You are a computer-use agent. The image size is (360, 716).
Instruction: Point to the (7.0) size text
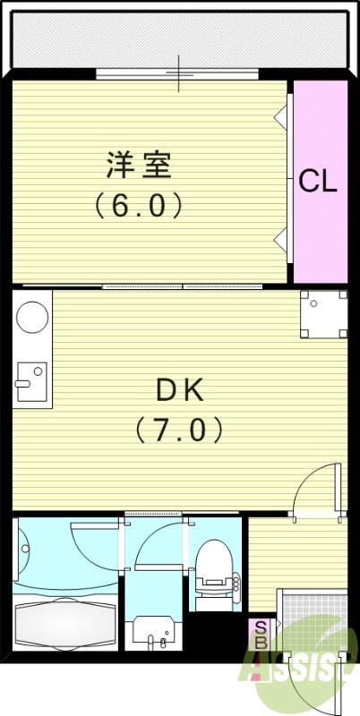(x=179, y=430)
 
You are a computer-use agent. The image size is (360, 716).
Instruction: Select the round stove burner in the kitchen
(x=33, y=318)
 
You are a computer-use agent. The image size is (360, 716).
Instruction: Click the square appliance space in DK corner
(x=323, y=314)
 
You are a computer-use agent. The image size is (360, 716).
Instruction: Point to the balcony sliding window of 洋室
(x=179, y=74)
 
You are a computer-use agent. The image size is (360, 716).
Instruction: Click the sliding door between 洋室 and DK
(x=179, y=286)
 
